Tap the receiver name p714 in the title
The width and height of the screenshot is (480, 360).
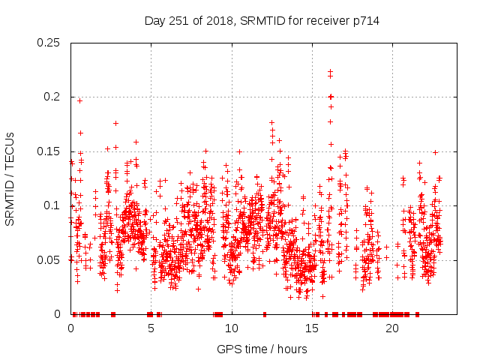[364, 21]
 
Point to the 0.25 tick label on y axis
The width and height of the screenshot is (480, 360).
[49, 42]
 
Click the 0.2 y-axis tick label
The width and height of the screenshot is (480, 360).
[52, 97]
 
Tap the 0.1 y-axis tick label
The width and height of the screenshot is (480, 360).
[52, 205]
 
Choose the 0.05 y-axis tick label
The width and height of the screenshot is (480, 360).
[49, 259]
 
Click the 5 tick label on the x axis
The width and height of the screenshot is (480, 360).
[151, 328]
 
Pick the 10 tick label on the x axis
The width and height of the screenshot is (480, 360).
[232, 328]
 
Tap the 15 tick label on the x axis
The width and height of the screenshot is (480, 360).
[312, 328]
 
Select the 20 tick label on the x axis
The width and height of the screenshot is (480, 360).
[392, 328]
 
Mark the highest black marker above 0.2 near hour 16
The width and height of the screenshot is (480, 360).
[330, 71]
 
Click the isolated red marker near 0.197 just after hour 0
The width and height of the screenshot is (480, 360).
[79, 100]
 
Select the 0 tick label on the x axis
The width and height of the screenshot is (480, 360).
[71, 328]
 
